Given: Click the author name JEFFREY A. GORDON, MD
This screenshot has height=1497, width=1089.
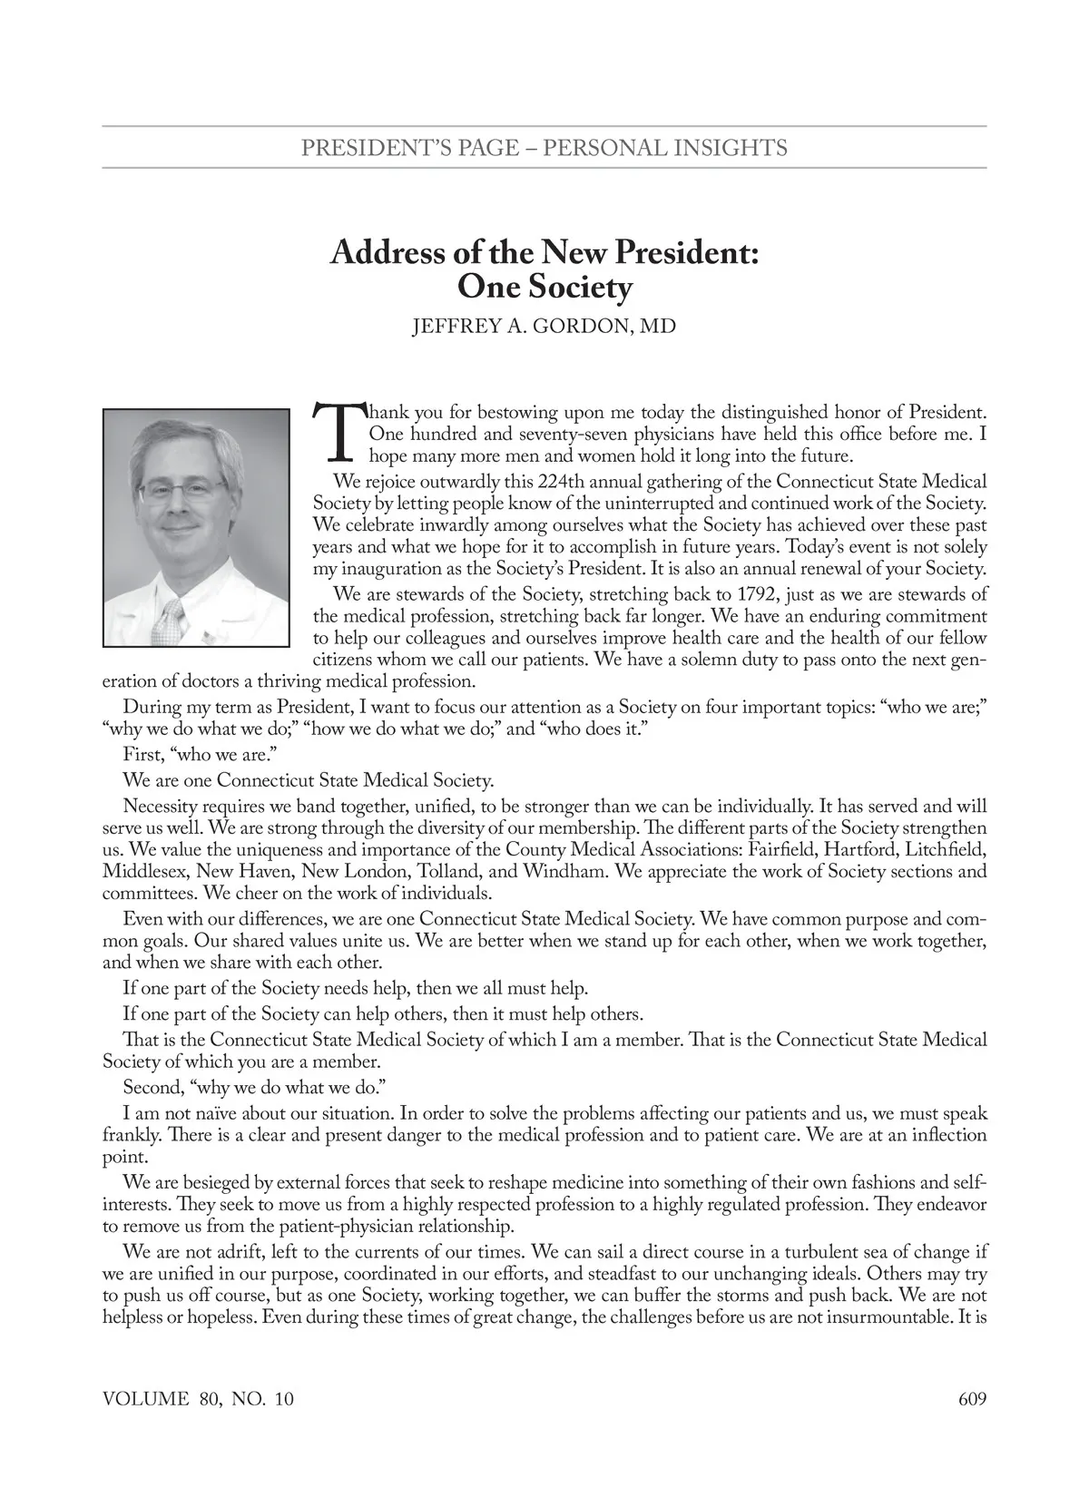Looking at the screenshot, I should coord(544,326).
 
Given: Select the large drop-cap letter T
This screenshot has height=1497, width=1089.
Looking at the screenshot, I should coord(336,433).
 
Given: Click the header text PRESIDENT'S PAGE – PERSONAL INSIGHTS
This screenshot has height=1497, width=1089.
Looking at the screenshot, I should coord(544,147).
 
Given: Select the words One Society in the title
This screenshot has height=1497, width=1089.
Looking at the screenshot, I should coord(544,288).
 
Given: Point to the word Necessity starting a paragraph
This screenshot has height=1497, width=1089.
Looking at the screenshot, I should coord(163,807).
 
